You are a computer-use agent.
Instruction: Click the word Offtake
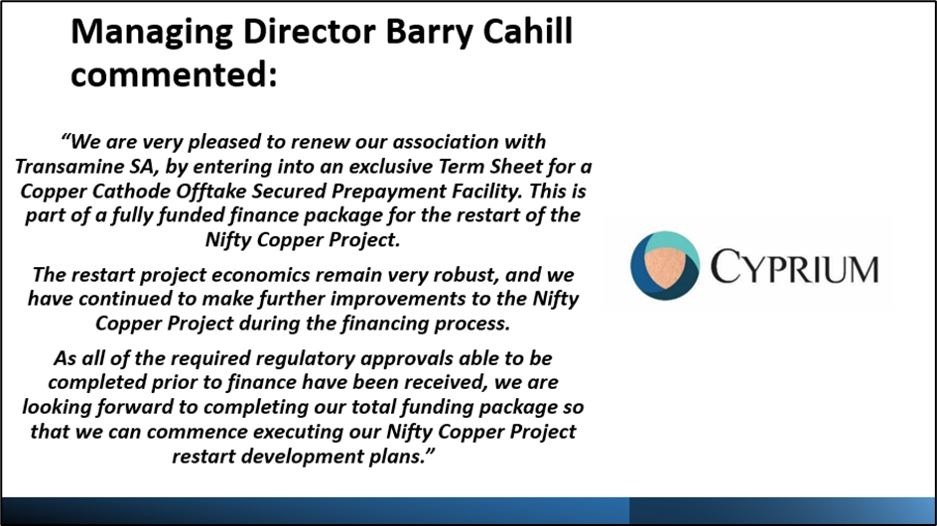211,191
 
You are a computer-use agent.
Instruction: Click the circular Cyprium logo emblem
665,265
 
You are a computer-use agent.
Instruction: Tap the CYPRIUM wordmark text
795,267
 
